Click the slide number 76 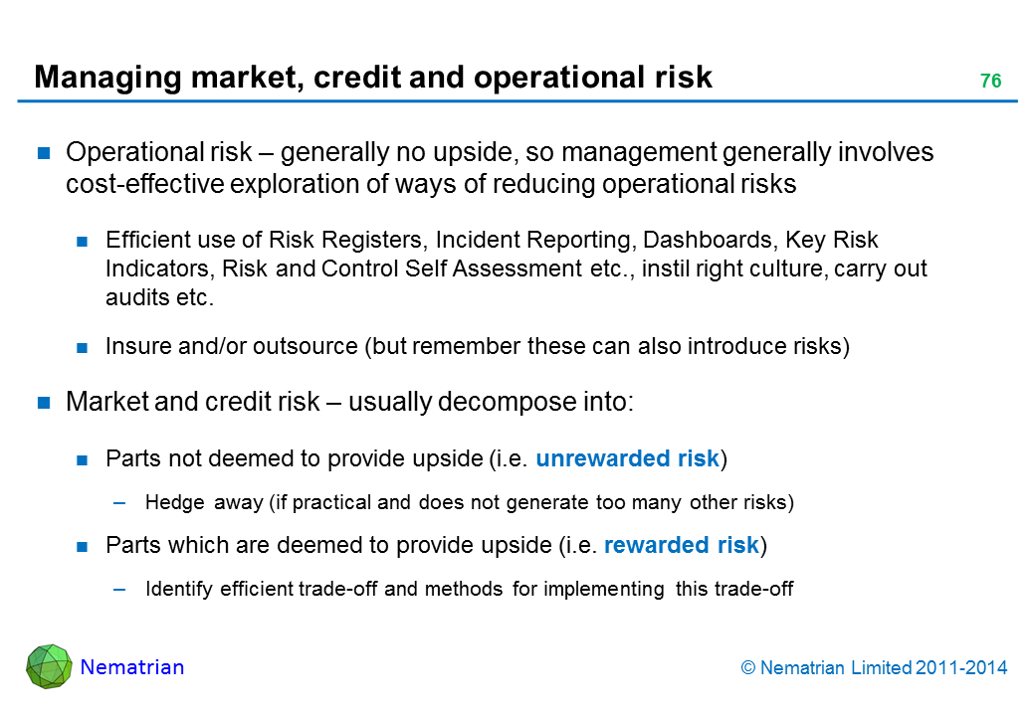click(x=991, y=81)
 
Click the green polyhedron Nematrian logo click(x=49, y=666)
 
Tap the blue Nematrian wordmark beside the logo click(x=132, y=667)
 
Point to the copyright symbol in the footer click(x=747, y=668)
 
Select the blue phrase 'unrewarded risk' click(x=627, y=458)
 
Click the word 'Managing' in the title click(x=107, y=78)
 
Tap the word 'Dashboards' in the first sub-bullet click(x=710, y=240)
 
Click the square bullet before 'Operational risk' click(x=44, y=153)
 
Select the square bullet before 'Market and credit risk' click(x=44, y=402)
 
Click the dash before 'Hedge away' click(x=119, y=502)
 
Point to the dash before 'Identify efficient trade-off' click(x=119, y=589)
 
